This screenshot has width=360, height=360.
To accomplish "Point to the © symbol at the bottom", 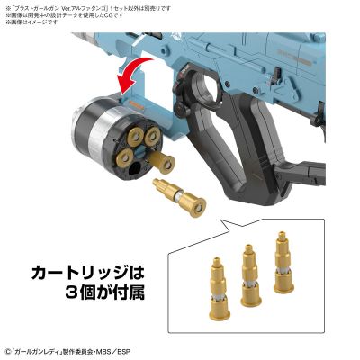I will pos(6,350).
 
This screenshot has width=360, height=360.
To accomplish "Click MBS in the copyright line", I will pos(143,350).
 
